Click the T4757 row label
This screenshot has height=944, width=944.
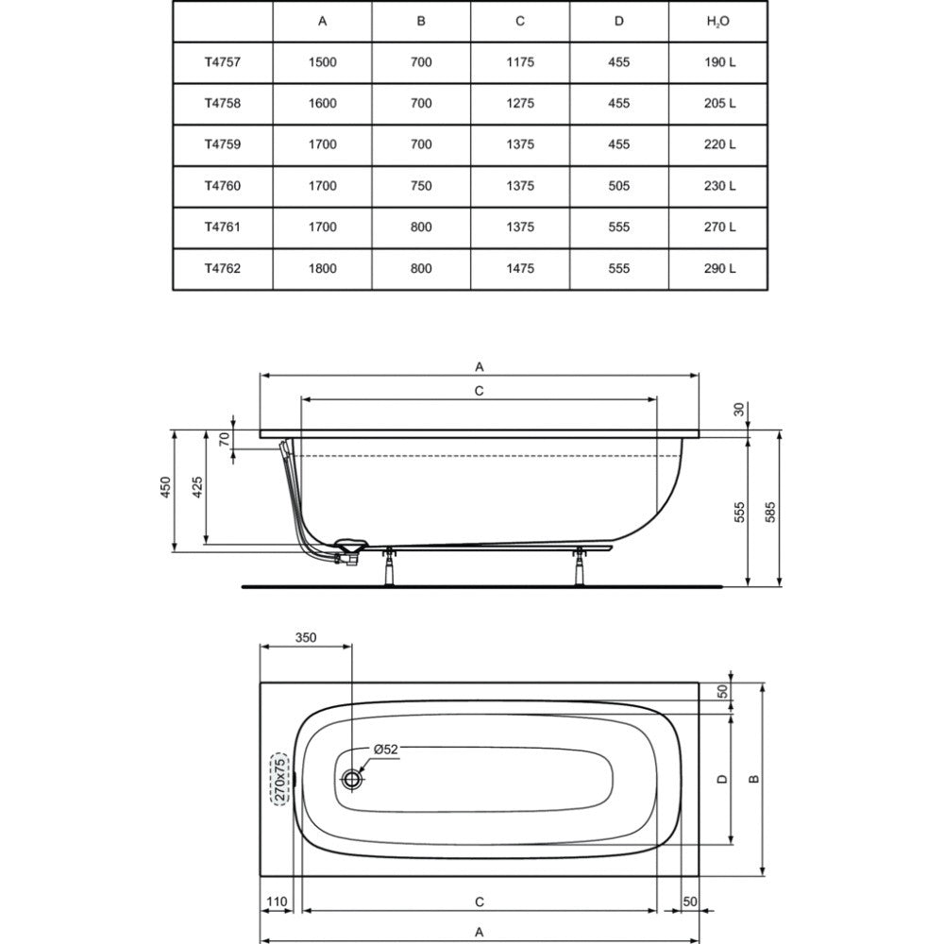click(x=222, y=62)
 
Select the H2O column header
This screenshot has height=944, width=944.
click(x=717, y=22)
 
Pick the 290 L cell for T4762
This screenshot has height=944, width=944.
click(x=719, y=268)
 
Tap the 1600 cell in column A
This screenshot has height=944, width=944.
click(x=322, y=104)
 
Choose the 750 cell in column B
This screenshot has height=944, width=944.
click(x=421, y=186)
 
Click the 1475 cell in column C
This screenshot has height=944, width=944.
click(x=519, y=268)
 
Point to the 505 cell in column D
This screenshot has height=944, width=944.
click(x=618, y=186)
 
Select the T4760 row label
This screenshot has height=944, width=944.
click(x=222, y=186)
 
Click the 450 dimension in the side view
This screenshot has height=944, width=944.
click(x=165, y=487)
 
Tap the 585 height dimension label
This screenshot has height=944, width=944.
click(x=770, y=512)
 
